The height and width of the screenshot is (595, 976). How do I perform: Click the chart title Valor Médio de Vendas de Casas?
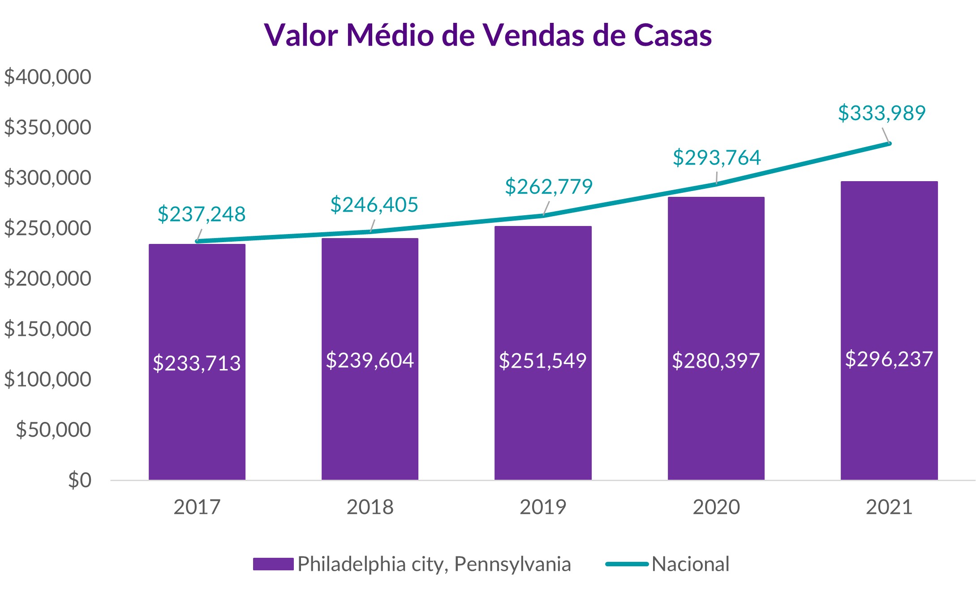point(488,35)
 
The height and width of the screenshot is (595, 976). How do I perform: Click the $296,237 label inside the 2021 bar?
point(889,359)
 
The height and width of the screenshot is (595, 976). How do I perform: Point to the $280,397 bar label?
point(716,361)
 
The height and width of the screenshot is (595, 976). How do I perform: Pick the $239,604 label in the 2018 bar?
point(370,360)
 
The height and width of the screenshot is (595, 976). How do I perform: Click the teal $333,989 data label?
point(881,113)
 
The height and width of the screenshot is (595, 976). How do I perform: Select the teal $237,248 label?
point(202,214)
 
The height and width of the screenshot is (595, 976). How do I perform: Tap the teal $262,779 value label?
point(549,187)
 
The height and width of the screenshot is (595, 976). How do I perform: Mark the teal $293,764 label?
point(717,158)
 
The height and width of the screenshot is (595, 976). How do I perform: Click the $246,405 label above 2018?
point(374,205)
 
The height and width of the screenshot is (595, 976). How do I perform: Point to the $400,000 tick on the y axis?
point(47,77)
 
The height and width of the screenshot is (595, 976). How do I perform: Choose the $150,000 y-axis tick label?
point(47,329)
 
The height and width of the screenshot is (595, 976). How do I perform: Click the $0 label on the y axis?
point(80,480)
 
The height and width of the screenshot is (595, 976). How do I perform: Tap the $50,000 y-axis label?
point(53,430)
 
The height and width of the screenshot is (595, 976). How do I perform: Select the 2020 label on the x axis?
point(716,507)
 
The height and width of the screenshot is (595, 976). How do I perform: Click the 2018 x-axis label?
point(370,507)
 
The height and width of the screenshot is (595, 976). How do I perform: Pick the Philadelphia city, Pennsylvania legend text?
point(434,564)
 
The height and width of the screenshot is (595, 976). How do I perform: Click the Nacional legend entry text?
point(690,564)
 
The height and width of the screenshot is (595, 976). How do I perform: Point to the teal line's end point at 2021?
point(889,143)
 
